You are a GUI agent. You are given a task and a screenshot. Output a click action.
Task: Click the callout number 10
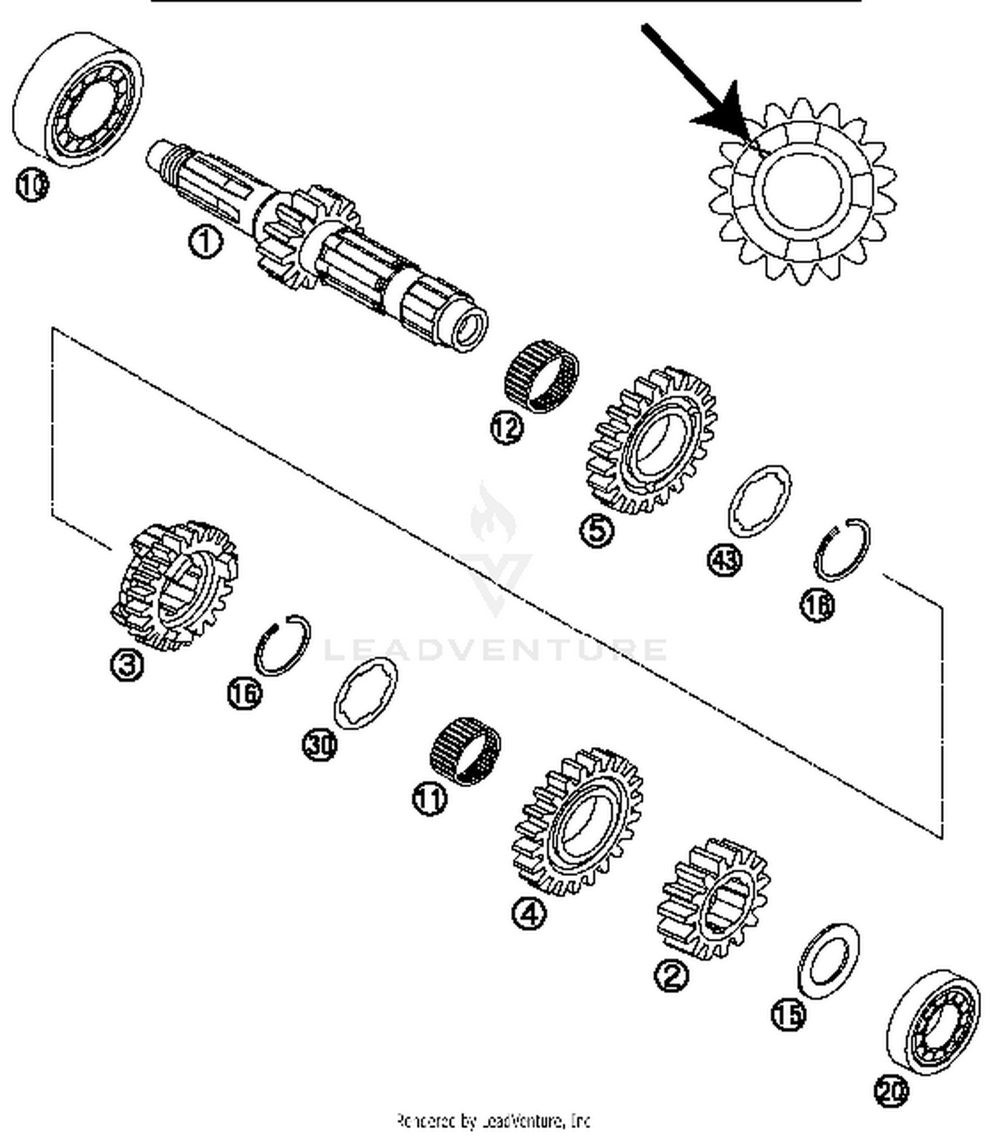pyautogui.click(x=31, y=184)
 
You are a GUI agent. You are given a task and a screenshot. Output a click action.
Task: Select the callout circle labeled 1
pyautogui.click(x=205, y=241)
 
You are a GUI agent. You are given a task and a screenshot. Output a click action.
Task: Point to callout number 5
pyautogui.click(x=596, y=529)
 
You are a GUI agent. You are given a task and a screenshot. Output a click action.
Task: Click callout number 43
pyautogui.click(x=724, y=559)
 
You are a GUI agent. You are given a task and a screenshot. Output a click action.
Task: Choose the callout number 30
pyautogui.click(x=320, y=744)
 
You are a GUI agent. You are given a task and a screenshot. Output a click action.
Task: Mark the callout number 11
pyautogui.click(x=430, y=797)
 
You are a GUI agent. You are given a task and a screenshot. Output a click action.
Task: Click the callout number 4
pyautogui.click(x=529, y=914)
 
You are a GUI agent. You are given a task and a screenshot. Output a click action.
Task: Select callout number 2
pyautogui.click(x=671, y=975)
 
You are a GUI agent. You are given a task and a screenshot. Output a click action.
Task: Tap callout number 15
pyautogui.click(x=788, y=1014)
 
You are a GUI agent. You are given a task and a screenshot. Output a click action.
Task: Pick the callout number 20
pyautogui.click(x=891, y=1090)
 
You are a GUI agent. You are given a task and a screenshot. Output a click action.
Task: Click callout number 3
pyautogui.click(x=126, y=664)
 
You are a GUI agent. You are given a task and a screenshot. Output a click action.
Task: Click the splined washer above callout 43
pyautogui.click(x=759, y=501)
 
